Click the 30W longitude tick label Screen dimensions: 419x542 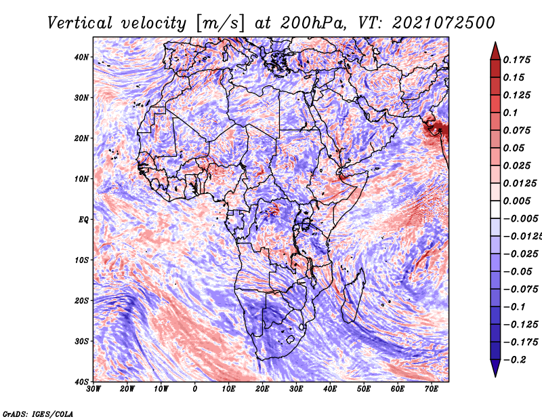(x=94, y=389)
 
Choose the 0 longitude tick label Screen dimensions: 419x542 (x=195, y=389)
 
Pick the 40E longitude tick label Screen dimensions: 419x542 (x=330, y=389)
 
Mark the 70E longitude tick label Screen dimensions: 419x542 (x=431, y=389)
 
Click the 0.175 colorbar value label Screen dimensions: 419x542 (x=518, y=60)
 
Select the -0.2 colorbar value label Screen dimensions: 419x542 (x=514, y=359)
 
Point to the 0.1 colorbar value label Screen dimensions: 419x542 (x=510, y=113)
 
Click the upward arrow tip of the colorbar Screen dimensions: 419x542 (x=495, y=43)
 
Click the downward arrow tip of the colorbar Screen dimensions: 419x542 (x=495, y=375)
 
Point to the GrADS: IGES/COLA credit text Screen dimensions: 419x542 (x=37, y=413)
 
